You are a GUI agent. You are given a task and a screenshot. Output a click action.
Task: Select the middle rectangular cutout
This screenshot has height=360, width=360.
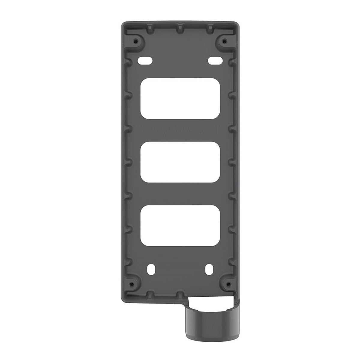pyautogui.click(x=180, y=162)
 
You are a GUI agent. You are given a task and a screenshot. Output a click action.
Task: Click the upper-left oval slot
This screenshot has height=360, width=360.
pyautogui.click(x=145, y=60)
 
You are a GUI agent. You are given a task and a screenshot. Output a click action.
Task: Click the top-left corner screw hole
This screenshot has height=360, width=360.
pyautogui.click(x=137, y=40)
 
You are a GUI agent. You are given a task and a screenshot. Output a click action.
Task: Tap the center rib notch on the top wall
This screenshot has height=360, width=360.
pyautogui.click(x=180, y=29)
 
